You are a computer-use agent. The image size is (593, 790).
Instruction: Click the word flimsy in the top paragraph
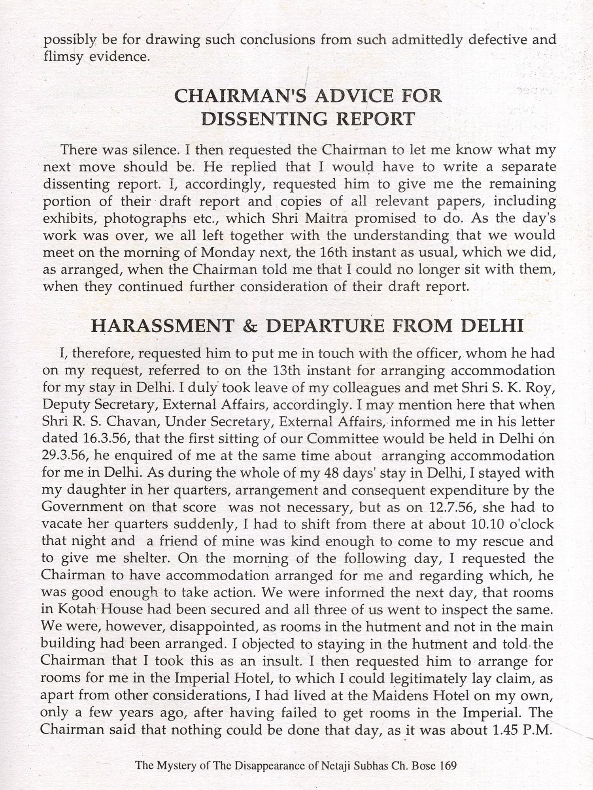63,57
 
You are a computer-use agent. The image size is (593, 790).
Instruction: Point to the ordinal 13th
287,371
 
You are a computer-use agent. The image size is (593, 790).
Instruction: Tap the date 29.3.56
64,456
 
